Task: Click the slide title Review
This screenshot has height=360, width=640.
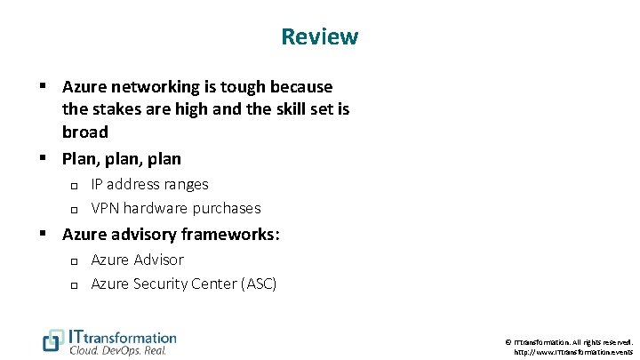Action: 319,37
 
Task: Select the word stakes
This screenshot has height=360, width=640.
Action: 115,110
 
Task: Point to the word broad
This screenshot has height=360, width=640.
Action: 85,132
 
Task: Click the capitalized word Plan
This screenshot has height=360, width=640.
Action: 78,159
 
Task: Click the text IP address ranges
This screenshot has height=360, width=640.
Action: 149,185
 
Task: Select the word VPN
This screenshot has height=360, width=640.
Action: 106,208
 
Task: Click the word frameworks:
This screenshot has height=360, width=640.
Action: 230,235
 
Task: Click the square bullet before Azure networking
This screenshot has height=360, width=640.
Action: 42,87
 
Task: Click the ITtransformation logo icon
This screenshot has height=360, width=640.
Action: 53,340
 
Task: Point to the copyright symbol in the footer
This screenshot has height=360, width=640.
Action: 507,341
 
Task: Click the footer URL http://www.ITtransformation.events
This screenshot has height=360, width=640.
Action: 573,352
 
